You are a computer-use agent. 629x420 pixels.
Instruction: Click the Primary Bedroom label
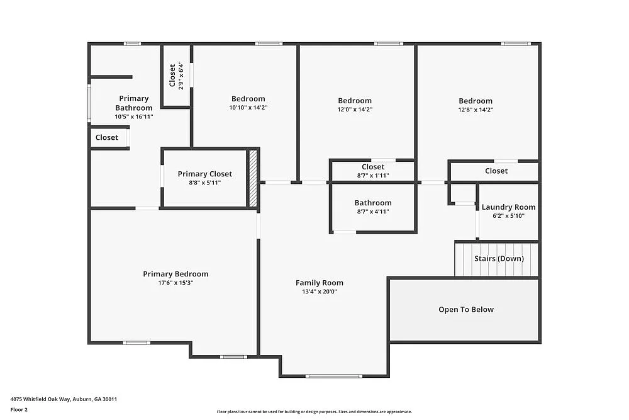175,274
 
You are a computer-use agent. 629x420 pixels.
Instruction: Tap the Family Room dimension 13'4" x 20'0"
320,292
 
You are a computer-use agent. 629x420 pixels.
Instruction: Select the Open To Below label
466,310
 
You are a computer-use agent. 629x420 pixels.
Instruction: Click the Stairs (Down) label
499,259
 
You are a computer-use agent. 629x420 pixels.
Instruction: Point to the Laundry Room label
508,207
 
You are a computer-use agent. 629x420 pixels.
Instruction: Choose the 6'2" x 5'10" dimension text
508,216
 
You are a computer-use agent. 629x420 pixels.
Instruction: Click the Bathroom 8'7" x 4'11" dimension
373,212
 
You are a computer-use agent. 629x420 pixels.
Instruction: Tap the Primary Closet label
204,174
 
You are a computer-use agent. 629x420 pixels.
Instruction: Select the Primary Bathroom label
133,103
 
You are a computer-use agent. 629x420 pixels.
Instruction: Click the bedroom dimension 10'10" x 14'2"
248,108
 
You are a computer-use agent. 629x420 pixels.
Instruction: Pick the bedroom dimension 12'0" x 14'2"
355,110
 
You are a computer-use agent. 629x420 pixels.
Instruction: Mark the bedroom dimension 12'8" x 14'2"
476,110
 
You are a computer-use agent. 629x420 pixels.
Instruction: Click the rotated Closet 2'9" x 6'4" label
176,76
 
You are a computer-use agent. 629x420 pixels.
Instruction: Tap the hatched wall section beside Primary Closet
253,178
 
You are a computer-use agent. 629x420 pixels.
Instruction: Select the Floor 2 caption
19,409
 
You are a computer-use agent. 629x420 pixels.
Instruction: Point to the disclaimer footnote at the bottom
314,412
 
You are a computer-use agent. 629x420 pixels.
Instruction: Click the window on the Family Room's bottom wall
333,376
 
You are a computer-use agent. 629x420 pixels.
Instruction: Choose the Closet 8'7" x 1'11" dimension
373,176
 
